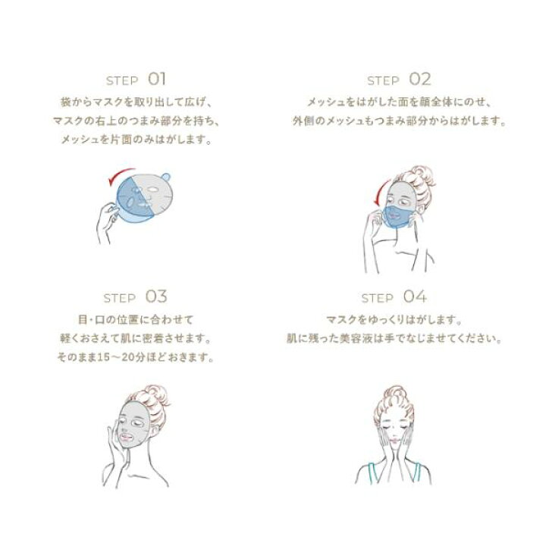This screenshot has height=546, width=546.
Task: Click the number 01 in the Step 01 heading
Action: [x=157, y=79]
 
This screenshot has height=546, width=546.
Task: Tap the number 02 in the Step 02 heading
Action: [x=419, y=79]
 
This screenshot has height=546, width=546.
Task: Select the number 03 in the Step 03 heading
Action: [x=156, y=297]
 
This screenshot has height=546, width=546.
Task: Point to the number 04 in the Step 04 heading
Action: [x=415, y=297]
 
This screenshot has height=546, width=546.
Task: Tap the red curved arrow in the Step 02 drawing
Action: [x=380, y=192]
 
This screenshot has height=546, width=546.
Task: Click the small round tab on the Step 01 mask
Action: [x=166, y=177]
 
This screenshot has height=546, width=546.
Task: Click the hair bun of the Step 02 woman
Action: [x=423, y=177]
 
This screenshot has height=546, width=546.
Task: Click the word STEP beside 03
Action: [x=120, y=299]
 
